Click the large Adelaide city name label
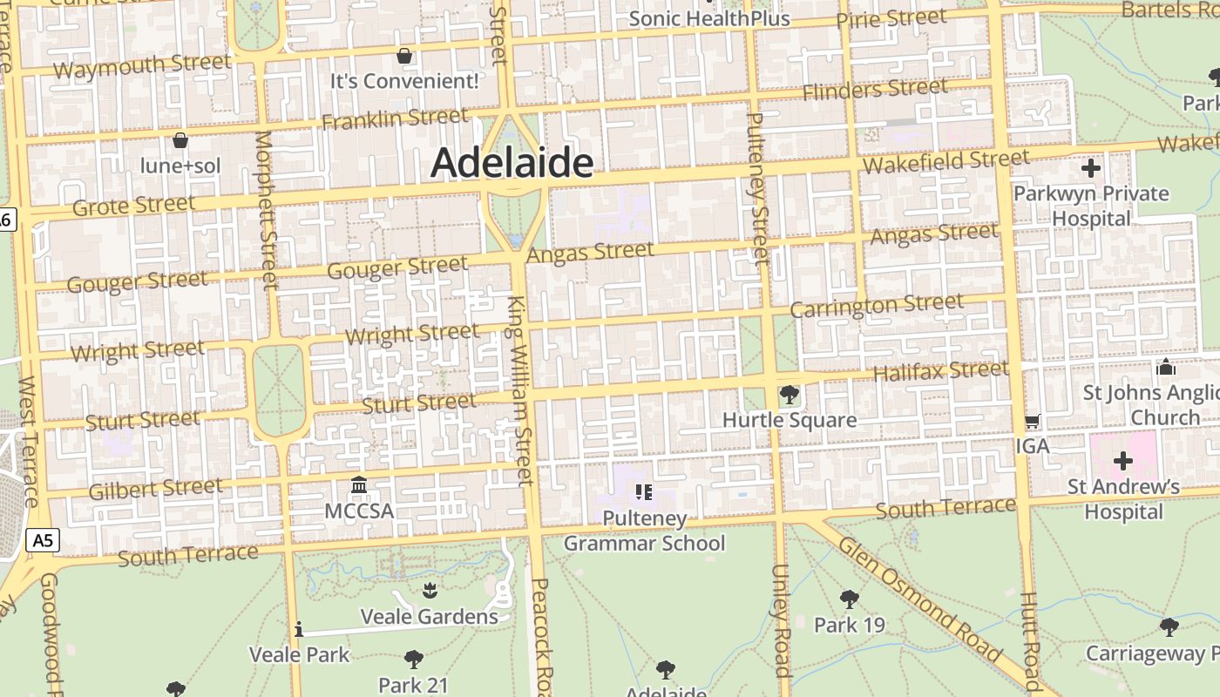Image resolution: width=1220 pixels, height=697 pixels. (512, 163)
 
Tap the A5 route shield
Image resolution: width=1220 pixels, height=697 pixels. (42, 540)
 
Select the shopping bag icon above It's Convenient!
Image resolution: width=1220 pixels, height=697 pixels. (404, 57)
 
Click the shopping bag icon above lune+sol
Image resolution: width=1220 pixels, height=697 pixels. (180, 140)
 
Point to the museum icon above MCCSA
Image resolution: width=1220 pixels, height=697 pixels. (358, 484)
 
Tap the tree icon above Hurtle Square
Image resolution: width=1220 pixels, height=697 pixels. (789, 395)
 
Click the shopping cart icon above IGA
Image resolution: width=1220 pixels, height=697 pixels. (1033, 422)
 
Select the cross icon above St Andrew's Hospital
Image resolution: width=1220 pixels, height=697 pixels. (1123, 461)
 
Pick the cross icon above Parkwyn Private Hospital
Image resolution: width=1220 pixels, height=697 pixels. (1090, 168)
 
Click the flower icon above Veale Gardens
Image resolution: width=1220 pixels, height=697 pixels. (429, 592)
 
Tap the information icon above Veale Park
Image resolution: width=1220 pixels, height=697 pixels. (299, 629)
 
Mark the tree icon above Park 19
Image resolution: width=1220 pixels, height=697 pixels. (849, 599)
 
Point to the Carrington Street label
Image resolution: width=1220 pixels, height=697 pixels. (877, 306)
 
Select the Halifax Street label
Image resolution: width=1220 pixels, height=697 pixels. (940, 371)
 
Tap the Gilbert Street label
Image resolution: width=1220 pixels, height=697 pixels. (155, 488)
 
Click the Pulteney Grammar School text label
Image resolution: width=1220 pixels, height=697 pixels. (644, 531)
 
